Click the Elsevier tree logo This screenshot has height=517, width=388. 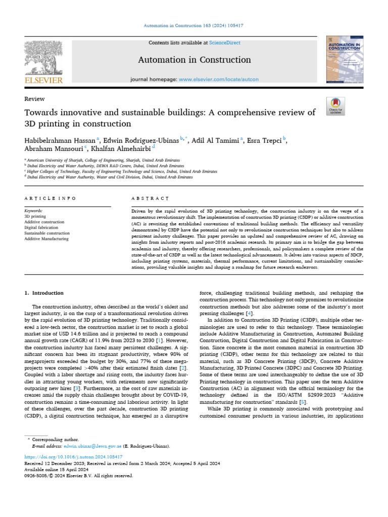click(44, 58)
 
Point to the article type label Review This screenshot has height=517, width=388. click(34, 99)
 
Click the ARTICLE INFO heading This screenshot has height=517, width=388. click(51, 199)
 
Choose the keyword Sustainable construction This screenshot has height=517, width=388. click(47, 233)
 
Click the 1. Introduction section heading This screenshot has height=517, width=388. click(44, 293)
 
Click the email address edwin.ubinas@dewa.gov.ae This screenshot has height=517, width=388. click(92, 447)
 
